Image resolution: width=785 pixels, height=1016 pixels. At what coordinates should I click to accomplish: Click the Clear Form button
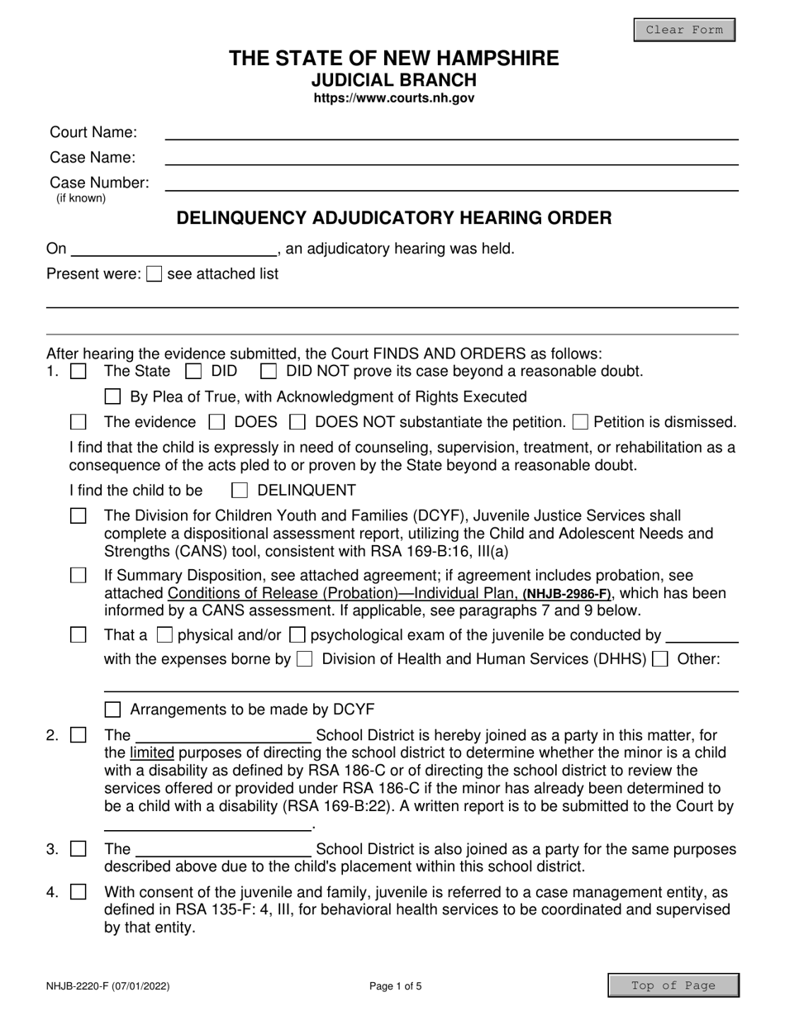683,31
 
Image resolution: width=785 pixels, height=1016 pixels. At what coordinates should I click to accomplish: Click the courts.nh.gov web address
393,98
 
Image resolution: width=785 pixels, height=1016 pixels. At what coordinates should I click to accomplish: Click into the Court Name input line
451,132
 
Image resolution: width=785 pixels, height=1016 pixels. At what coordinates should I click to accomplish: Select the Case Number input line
451,183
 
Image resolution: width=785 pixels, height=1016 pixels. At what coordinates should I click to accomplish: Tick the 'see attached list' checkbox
154,274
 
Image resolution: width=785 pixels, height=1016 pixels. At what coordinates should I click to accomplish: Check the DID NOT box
268,372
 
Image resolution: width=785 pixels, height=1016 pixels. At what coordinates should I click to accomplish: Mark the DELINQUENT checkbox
240,491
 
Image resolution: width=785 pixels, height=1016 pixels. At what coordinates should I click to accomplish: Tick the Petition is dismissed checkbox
580,423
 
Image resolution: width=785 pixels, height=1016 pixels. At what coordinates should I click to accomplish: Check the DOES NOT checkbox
297,423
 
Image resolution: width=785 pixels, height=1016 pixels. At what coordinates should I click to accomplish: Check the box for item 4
78,892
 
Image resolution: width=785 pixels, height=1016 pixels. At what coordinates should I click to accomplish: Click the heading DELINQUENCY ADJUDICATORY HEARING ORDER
394,219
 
